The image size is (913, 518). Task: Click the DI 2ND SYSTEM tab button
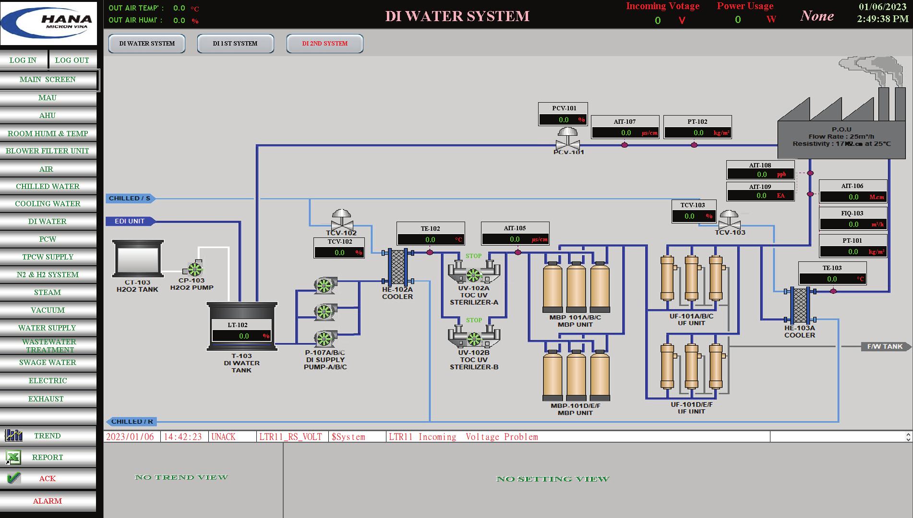(324, 44)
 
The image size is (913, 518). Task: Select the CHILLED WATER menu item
(48, 186)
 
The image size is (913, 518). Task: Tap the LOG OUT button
(72, 60)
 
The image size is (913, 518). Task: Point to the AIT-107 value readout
(625, 132)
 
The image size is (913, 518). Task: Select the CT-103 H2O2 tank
(138, 259)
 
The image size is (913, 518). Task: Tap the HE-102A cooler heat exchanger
(397, 267)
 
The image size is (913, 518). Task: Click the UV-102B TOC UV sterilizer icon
(474, 337)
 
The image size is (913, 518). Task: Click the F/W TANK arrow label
(885, 346)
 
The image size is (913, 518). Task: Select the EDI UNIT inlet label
(130, 221)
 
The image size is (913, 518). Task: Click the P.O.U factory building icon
(841, 129)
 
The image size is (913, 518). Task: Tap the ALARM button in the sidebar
(48, 501)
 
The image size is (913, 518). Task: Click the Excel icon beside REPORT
(13, 458)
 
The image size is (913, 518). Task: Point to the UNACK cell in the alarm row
(224, 437)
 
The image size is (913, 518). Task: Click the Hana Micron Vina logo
(48, 23)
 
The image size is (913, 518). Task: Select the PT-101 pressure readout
(853, 251)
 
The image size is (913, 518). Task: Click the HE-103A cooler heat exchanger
(799, 305)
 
